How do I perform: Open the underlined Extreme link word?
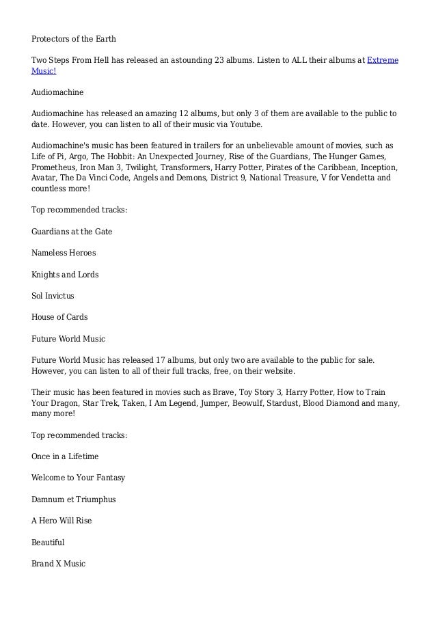pos(383,60)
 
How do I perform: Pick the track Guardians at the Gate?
pos(72,232)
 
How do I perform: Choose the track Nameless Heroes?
pos(64,253)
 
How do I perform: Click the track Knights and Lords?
pos(65,275)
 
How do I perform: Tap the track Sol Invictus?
pos(53,296)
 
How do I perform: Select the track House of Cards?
pos(59,318)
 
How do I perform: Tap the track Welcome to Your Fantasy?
pos(78,478)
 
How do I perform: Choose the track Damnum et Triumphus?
pos(74,499)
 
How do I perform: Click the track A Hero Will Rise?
pos(62,521)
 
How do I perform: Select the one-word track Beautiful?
pos(48,543)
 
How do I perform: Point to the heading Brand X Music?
pos(59,564)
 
